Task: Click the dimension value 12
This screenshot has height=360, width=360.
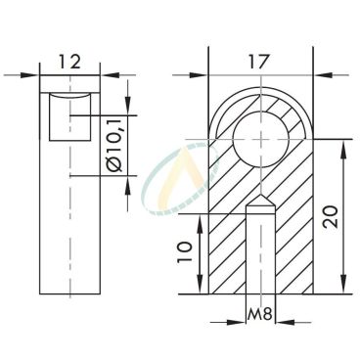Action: click(68, 61)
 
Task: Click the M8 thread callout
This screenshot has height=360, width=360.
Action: click(260, 315)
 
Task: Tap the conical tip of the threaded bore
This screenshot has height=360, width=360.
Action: click(261, 206)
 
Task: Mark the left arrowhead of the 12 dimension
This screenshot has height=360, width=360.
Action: click(32, 74)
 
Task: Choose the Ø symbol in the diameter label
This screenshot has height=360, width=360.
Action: click(114, 182)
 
